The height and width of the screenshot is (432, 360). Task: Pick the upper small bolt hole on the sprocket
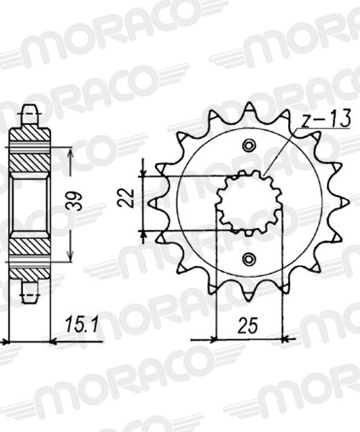click(249, 147)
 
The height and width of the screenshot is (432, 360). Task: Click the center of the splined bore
click(249, 202)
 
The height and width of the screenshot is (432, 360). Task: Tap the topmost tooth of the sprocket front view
click(249, 108)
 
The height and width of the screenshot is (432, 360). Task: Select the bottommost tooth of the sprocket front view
click(249, 297)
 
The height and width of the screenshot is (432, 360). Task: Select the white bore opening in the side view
click(30, 204)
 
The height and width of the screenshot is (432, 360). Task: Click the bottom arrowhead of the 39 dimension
click(69, 258)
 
